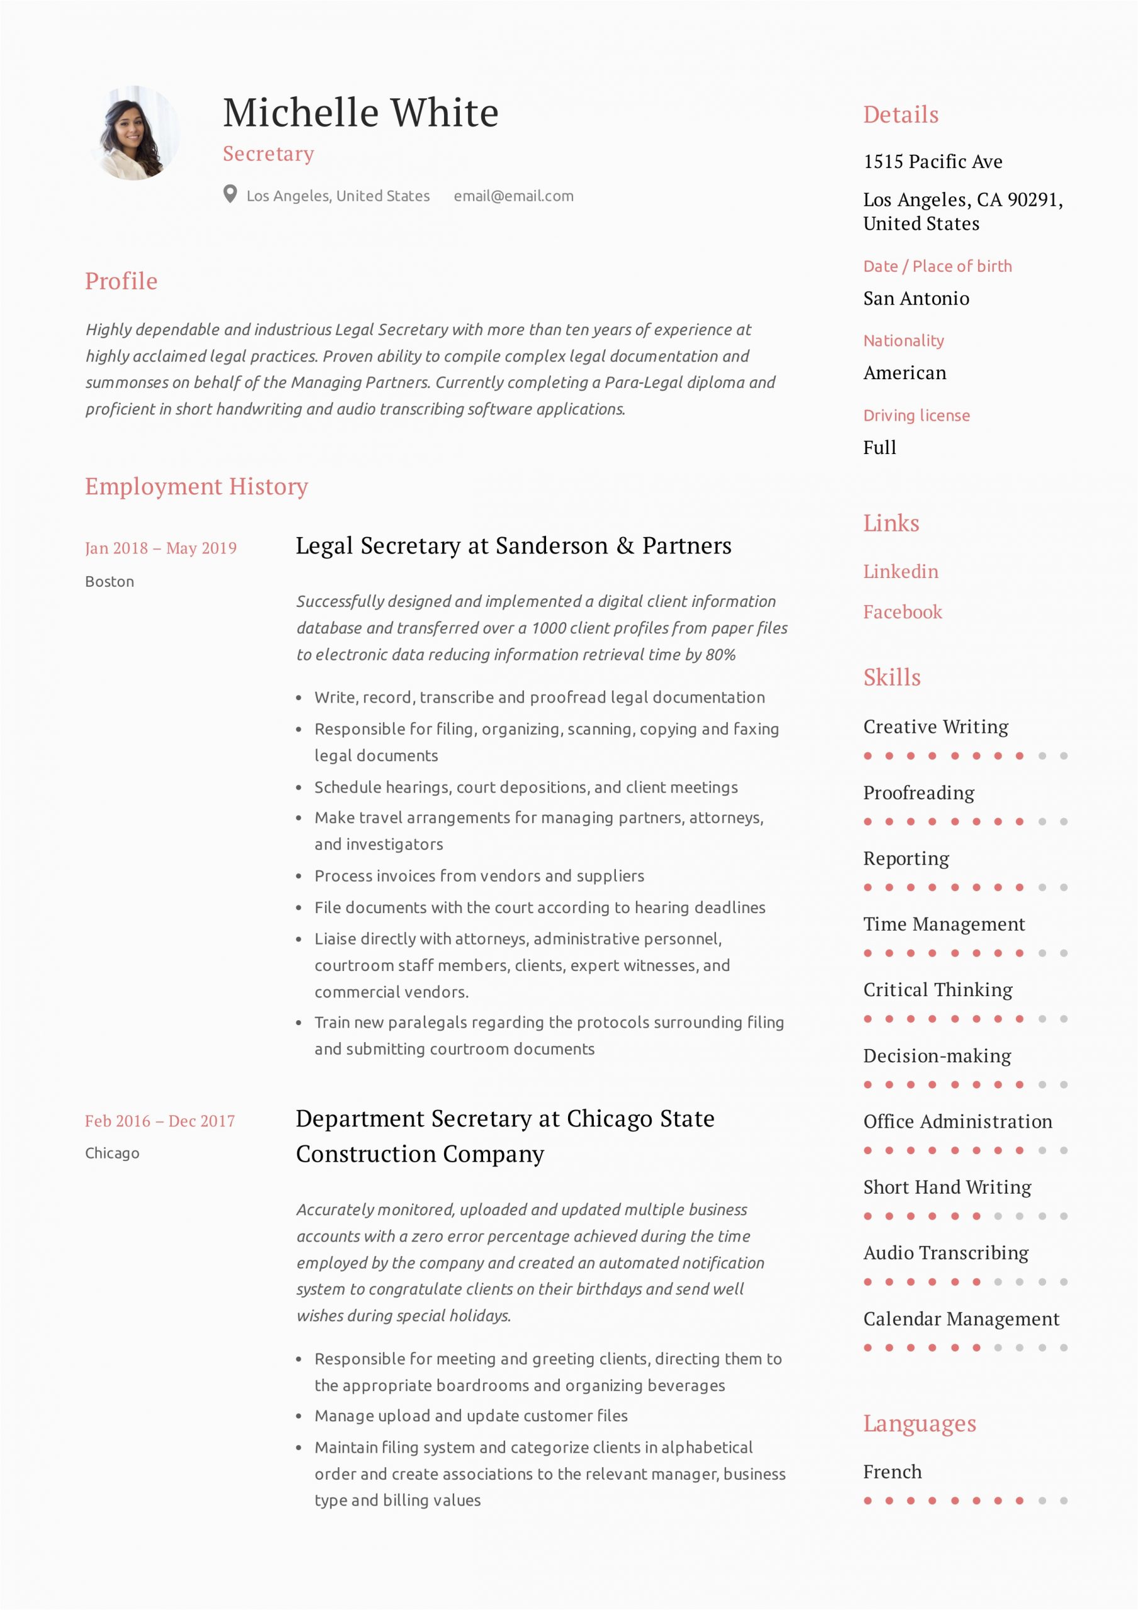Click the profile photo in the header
134,133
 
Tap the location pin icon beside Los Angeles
230,194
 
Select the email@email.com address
513,196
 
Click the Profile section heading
121,281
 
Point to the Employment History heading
196,486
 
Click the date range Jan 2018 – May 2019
160,548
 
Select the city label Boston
109,581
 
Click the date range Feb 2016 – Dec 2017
160,1121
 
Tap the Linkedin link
900,572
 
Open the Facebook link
902,612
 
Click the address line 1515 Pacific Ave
932,162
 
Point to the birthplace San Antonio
915,299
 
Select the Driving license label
917,415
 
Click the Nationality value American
905,373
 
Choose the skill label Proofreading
918,792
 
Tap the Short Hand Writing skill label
947,1187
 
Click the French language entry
893,1471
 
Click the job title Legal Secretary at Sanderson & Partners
513,545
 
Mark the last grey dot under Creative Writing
1064,756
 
